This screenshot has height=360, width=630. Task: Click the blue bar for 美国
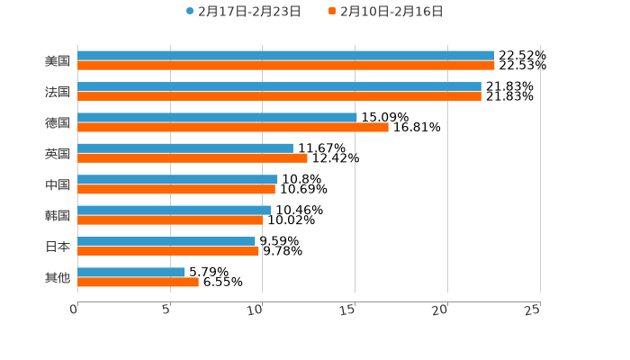(x=286, y=56)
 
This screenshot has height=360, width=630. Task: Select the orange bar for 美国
(x=286, y=66)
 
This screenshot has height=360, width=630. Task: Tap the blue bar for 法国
(x=279, y=86)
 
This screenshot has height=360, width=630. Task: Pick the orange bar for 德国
(x=233, y=128)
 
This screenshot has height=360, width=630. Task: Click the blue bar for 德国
(x=217, y=117)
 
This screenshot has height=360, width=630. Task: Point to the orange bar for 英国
(x=193, y=158)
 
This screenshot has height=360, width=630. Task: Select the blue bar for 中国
(x=177, y=179)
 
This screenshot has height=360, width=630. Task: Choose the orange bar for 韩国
(x=170, y=220)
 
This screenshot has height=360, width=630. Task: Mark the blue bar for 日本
(x=166, y=241)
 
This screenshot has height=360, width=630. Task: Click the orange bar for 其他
(x=138, y=283)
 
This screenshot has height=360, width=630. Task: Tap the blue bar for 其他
(x=131, y=272)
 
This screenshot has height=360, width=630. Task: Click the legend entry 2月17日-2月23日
(x=243, y=12)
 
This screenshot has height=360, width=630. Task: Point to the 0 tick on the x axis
(x=75, y=310)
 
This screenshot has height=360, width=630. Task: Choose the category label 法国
(x=58, y=92)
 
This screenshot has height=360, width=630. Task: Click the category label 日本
(x=58, y=247)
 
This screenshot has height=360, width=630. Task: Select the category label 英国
(x=58, y=154)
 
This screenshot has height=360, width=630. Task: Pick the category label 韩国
(x=58, y=216)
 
